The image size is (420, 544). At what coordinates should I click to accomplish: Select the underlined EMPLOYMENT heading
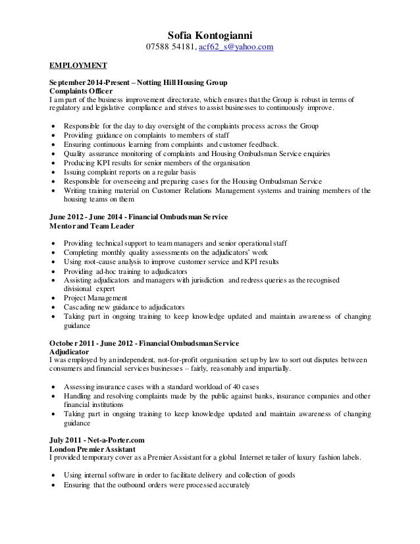[79, 67]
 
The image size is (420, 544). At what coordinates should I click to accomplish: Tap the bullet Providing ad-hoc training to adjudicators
[125, 271]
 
